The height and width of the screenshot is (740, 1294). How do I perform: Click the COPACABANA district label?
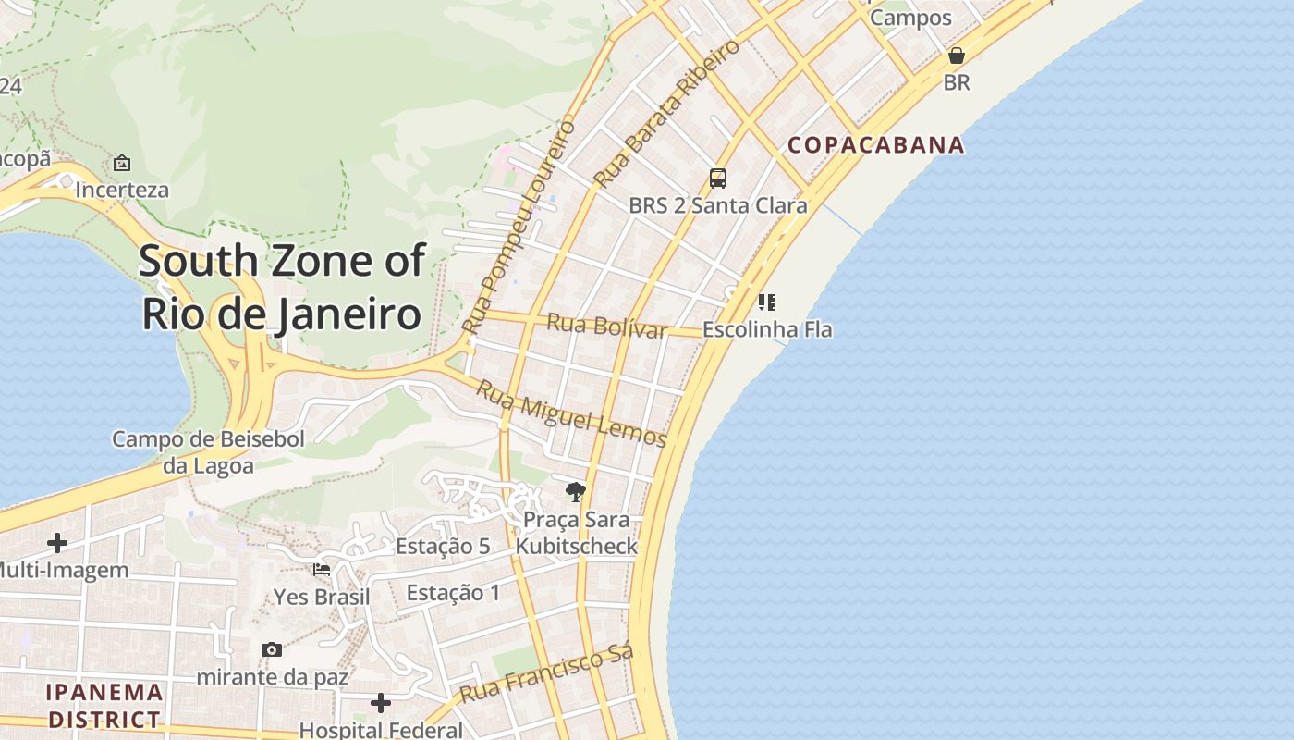pos(875,145)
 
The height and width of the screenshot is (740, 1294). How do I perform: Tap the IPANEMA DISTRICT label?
pos(104,705)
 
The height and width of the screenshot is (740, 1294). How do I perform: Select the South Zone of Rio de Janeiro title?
pos(282,288)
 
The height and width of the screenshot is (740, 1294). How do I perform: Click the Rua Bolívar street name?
pos(606,327)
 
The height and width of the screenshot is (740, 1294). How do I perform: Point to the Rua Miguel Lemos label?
pos(571,413)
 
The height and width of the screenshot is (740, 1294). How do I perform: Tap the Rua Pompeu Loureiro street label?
pos(519,227)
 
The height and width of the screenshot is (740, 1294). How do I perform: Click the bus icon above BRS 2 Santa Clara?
pos(717,179)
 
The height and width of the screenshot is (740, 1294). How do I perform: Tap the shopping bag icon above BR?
pos(957,55)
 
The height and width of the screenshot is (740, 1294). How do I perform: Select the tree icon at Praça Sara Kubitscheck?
pos(576,491)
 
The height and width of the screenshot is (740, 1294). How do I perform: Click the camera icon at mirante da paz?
pos(272,649)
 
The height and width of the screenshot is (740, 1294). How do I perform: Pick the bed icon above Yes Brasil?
pos(322,569)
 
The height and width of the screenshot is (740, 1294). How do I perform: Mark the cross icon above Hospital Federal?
pos(381,703)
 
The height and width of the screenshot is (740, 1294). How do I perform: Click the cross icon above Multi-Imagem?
pos(57,543)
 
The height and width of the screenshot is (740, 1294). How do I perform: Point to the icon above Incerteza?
pos(122,163)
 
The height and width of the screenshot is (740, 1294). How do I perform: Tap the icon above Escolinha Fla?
pos(766,302)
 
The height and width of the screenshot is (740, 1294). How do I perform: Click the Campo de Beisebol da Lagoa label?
pos(208,452)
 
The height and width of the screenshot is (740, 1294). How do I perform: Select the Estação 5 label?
pos(443,547)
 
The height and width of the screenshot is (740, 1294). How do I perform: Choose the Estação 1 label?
pos(453,593)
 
